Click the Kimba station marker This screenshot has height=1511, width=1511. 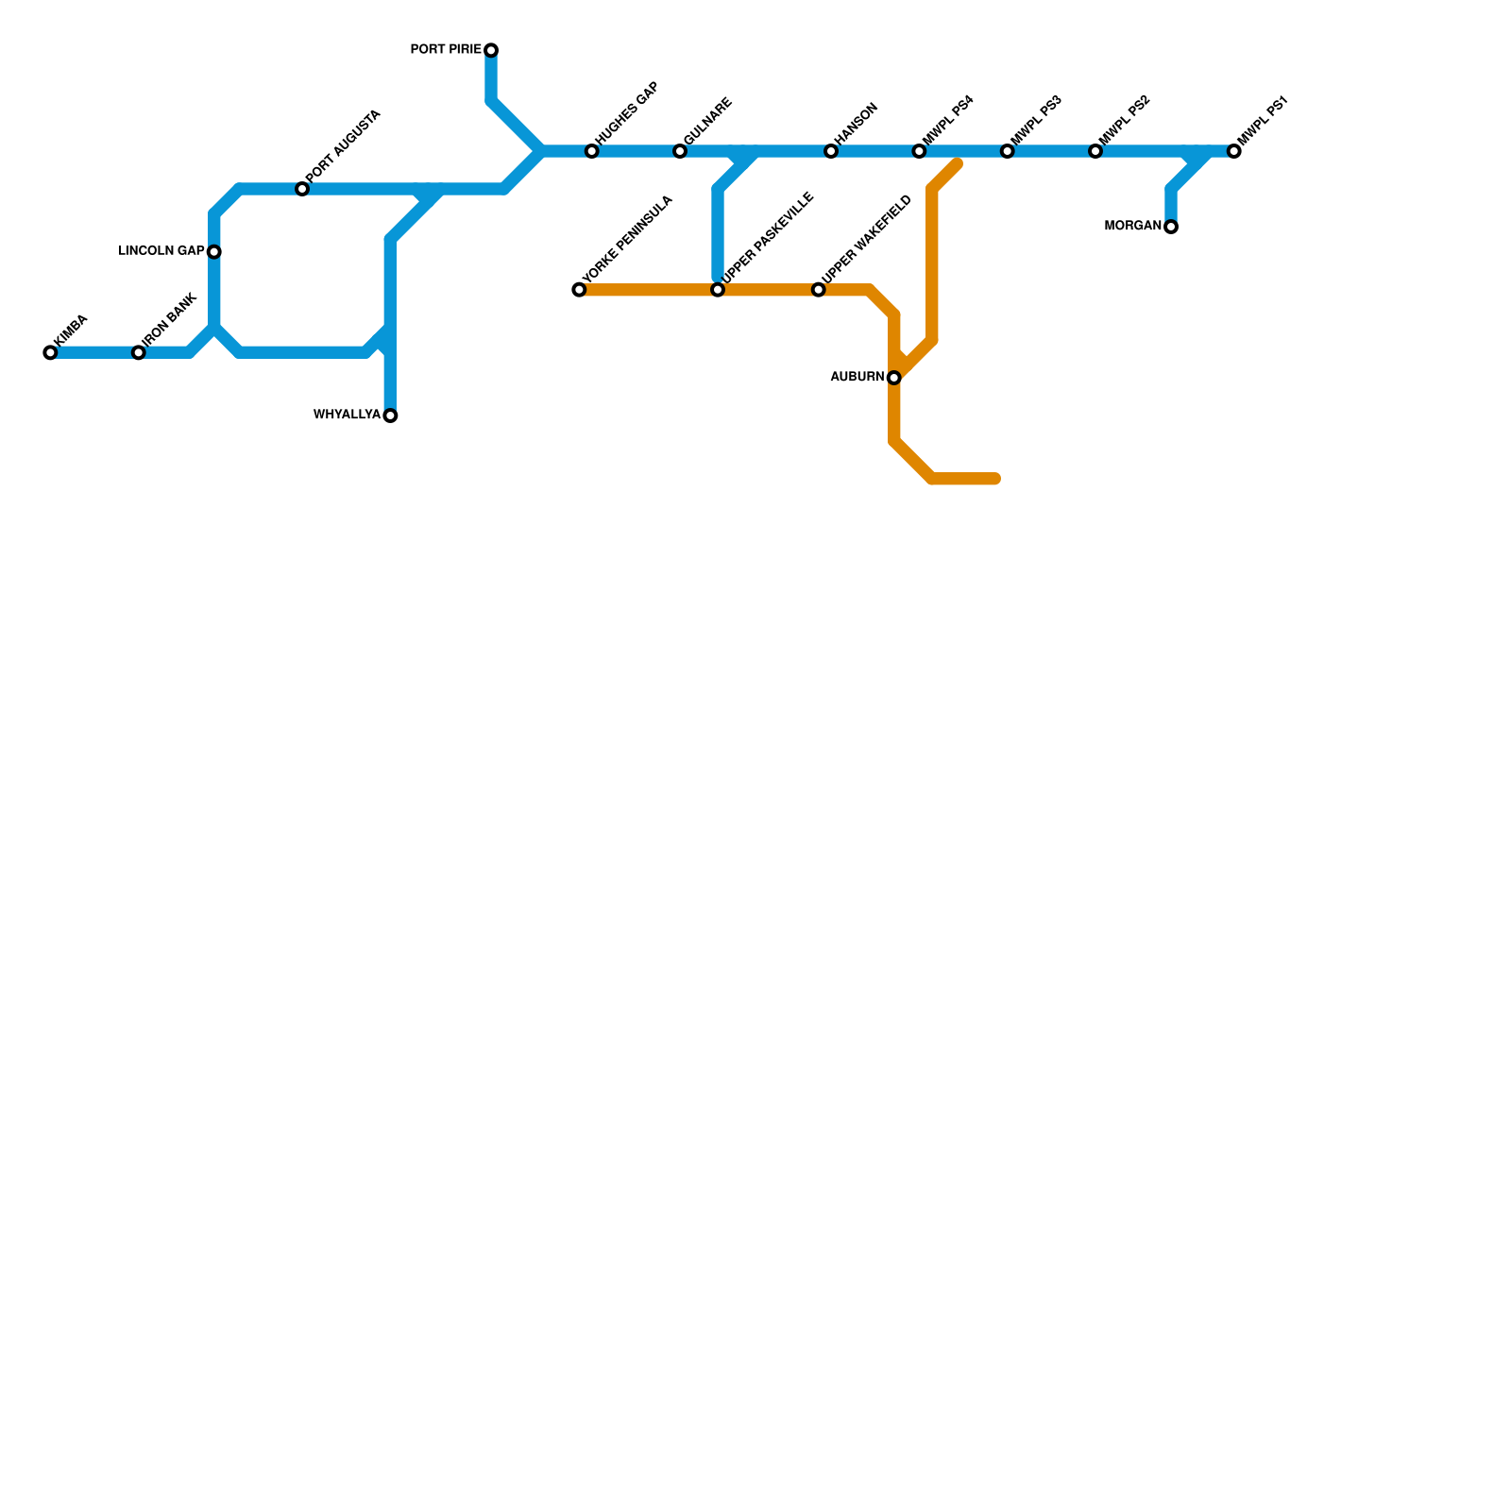click(50, 353)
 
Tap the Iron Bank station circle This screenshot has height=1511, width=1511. click(139, 353)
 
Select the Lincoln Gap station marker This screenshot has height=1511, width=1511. click(214, 252)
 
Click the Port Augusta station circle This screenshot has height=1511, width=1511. click(302, 190)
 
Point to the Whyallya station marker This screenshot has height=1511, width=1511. click(390, 416)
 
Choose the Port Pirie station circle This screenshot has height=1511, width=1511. click(491, 50)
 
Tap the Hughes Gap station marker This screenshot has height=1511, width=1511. click(592, 152)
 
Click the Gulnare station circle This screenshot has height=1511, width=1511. click(680, 152)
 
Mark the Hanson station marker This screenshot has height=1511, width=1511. click(831, 152)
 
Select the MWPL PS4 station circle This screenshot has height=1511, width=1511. click(919, 152)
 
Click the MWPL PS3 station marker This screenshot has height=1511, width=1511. click(1008, 152)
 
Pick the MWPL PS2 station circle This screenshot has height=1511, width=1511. click(1095, 152)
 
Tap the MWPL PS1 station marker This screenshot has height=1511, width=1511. click(1234, 152)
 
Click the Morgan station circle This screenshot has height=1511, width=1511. click(1171, 227)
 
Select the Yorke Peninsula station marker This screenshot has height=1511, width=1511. click(579, 290)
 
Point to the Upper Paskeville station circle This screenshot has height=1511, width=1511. click(718, 290)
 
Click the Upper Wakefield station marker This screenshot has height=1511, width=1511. click(819, 290)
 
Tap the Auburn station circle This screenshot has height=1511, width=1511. click(894, 378)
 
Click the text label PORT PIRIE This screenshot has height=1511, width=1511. click(446, 50)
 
